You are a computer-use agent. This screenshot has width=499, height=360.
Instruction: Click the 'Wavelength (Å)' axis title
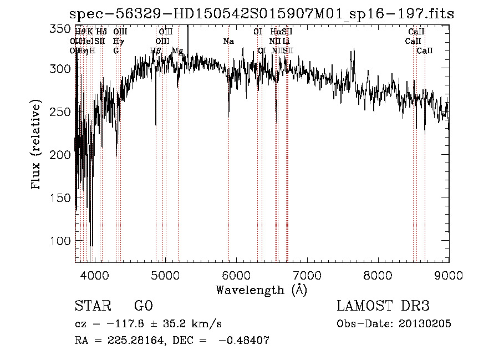pos(261,290)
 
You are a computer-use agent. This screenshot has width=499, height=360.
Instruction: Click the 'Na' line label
pos(228,41)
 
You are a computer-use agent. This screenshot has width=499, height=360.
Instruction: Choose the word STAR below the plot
pos(93,306)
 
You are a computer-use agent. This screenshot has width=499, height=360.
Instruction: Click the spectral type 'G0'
pos(143,306)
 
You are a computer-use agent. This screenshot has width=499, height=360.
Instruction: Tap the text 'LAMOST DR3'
pos(383,306)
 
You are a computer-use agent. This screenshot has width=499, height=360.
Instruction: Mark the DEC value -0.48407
pos(244,341)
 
